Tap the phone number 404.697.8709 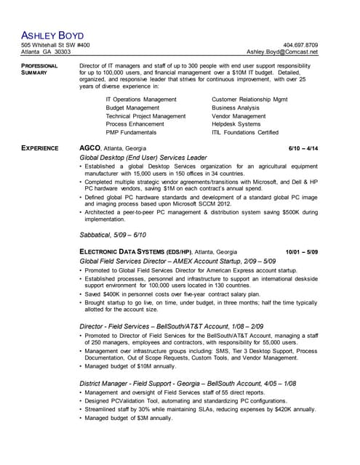click(300, 45)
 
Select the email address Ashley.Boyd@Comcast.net click(282, 52)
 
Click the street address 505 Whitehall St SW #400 click(55, 45)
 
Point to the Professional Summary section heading click(39, 69)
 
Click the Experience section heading click(39, 148)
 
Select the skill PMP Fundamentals click(131, 133)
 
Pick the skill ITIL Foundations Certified click(245, 133)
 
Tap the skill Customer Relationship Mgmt click(249, 99)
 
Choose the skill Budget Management click(132, 108)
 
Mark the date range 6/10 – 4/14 click(303, 148)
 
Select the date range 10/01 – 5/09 click(301, 251)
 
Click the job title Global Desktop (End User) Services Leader click(143, 158)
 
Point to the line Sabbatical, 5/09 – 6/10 click(113, 235)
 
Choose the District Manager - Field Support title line click(188, 383)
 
